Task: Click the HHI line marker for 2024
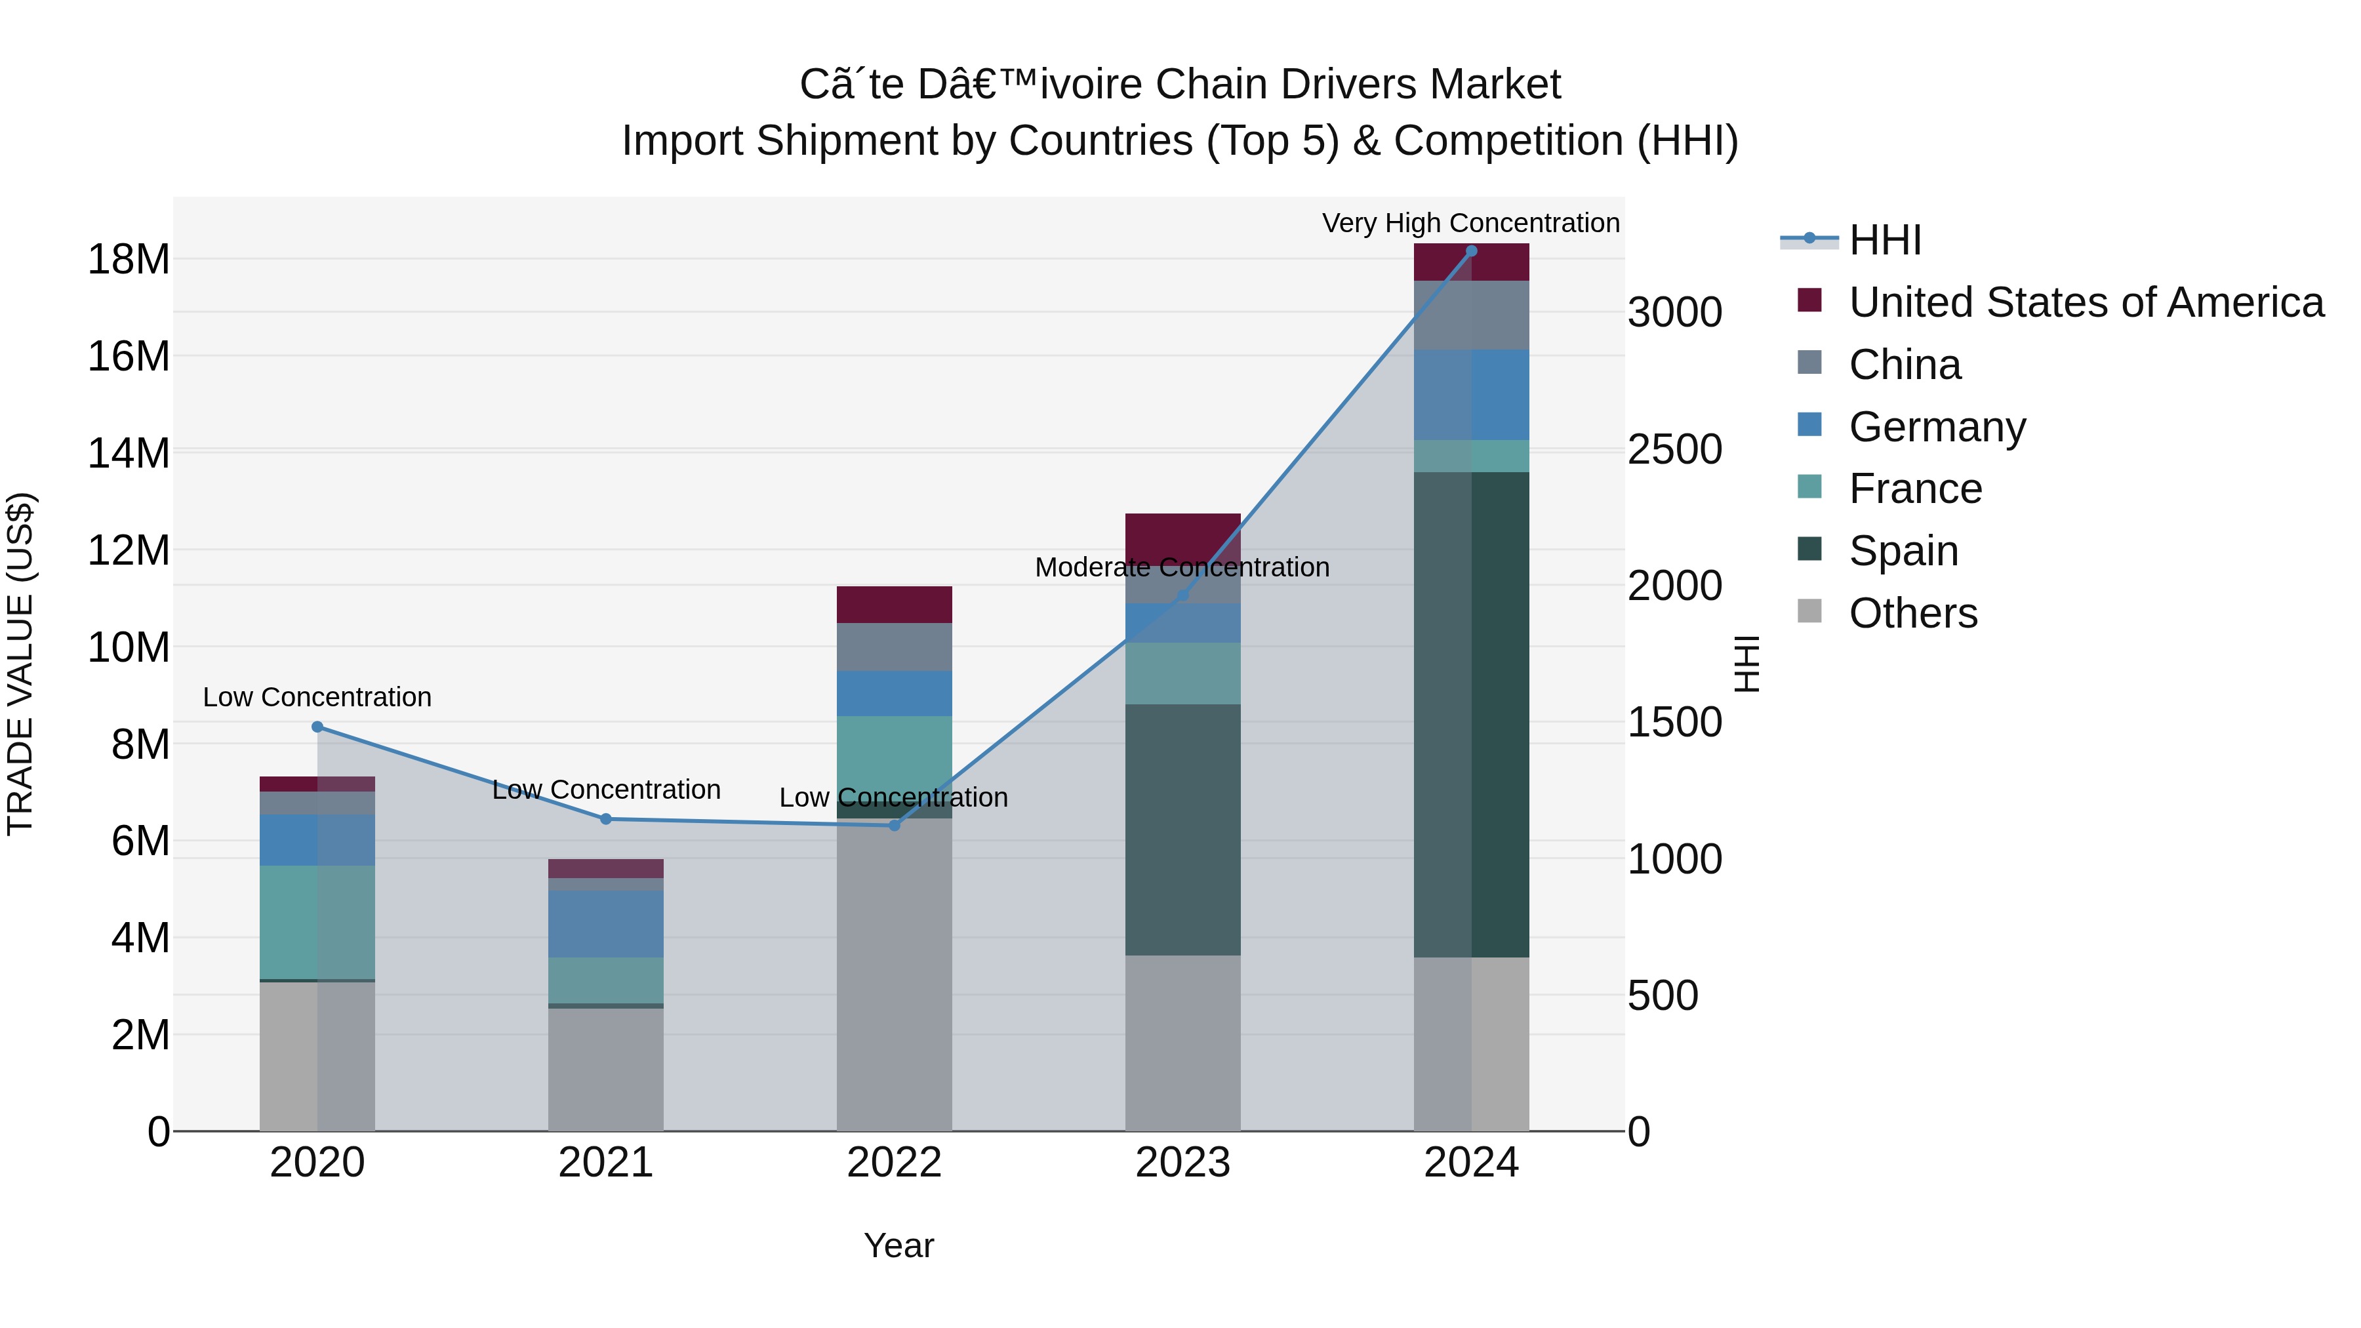click(1471, 251)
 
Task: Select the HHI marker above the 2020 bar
click(317, 727)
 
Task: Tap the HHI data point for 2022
click(895, 826)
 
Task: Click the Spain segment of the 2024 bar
click(1471, 715)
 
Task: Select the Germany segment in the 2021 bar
click(606, 924)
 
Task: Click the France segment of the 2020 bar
click(317, 922)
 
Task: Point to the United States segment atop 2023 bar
click(1182, 532)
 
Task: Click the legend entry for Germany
click(1937, 427)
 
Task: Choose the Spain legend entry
click(1903, 551)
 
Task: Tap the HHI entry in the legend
click(1884, 240)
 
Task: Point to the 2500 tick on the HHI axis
click(1674, 449)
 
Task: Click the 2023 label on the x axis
click(1182, 1163)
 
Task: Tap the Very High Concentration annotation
click(1470, 223)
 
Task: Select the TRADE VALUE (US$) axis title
click(20, 664)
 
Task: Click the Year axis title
click(898, 1245)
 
